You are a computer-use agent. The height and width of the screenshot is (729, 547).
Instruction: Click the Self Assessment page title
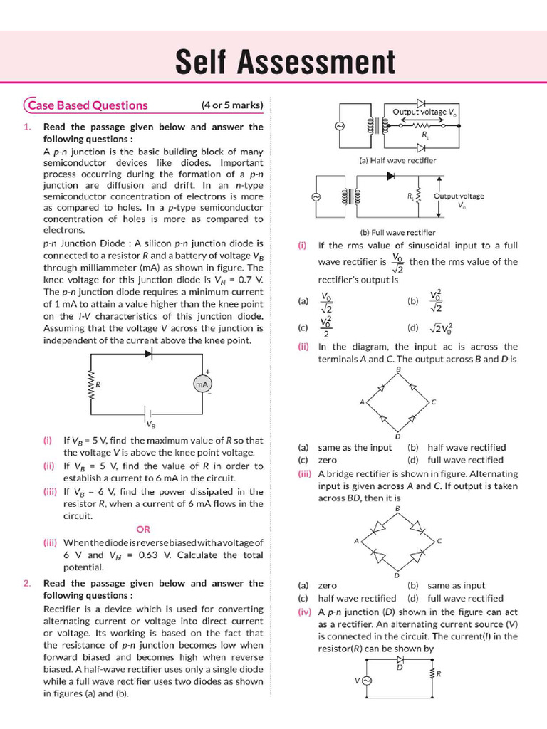(285, 63)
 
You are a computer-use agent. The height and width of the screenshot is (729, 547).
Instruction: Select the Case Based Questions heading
(88, 105)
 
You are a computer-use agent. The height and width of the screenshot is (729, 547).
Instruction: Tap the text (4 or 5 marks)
(232, 105)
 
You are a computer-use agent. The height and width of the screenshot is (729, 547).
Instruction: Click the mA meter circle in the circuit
(201, 384)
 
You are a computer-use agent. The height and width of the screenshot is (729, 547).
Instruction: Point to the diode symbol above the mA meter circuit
(149, 354)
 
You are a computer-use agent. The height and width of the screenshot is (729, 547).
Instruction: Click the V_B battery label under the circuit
(151, 424)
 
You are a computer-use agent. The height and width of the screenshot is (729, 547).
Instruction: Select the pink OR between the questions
(143, 529)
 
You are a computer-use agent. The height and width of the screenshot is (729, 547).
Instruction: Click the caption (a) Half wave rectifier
(397, 161)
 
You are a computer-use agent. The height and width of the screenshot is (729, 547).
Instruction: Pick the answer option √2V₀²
(439, 328)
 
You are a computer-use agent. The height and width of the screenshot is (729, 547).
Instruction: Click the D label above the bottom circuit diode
(400, 668)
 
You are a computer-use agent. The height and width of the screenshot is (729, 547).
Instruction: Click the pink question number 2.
(26, 583)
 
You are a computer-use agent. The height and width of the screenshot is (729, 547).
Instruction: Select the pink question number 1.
(26, 127)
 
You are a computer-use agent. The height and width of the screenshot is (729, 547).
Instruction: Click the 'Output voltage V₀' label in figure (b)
(459, 200)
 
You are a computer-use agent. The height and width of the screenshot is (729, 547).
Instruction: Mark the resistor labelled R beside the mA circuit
(90, 384)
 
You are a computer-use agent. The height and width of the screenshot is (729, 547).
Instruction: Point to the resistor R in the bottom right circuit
(432, 673)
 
